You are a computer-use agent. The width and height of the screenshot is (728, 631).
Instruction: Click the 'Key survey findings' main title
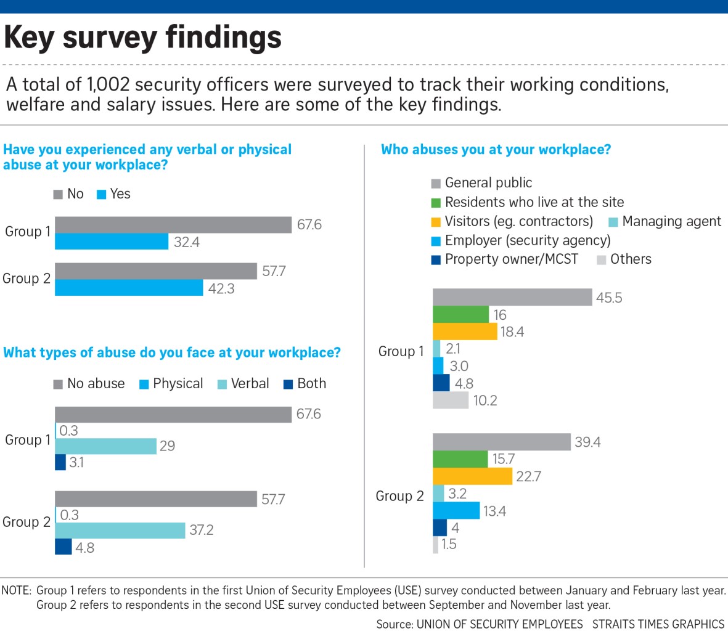[143, 38]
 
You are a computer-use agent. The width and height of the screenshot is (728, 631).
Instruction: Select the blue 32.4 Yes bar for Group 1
[112, 242]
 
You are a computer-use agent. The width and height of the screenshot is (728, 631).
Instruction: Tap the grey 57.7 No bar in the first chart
[156, 271]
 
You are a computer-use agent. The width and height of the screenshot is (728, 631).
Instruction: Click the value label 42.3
[221, 288]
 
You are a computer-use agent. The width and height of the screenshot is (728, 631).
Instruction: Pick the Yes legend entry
[114, 194]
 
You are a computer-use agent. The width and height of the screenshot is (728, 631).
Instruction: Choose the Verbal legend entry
[243, 384]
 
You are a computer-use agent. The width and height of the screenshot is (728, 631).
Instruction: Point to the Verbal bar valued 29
[105, 446]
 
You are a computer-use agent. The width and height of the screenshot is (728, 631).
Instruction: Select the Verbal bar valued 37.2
[120, 531]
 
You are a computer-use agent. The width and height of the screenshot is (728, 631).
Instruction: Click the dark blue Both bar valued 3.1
[60, 462]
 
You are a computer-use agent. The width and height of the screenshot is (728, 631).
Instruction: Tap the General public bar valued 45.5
[512, 298]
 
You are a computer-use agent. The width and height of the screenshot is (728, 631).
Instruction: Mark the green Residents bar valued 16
[460, 315]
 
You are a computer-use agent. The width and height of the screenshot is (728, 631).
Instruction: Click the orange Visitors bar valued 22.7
[472, 476]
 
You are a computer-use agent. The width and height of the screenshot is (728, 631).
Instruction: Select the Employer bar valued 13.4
[456, 510]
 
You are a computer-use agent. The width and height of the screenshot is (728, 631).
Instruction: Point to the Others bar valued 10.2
[451, 401]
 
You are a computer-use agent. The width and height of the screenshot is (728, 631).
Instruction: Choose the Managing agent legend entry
[665, 222]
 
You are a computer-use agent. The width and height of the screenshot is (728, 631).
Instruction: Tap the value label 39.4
[587, 442]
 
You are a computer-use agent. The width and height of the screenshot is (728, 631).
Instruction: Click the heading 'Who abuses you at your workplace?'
[496, 150]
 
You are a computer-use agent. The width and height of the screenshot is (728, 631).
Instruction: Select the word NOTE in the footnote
[17, 590]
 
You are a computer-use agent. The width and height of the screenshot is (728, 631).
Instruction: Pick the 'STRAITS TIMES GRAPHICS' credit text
[658, 624]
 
